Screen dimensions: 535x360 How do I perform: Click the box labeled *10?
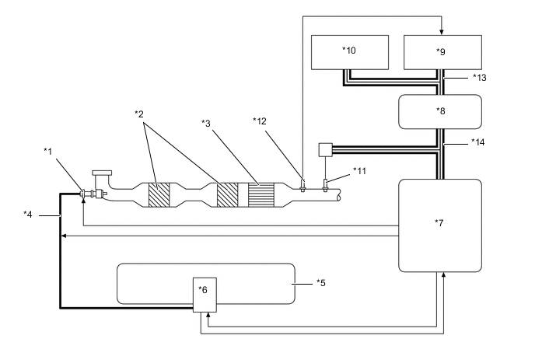click(350, 52)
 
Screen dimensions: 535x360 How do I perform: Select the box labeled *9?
click(442, 52)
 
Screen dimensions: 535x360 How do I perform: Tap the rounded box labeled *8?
click(440, 112)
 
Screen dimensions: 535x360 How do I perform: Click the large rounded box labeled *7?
click(440, 225)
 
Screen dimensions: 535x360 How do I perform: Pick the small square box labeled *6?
click(205, 295)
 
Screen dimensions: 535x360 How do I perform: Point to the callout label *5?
click(321, 283)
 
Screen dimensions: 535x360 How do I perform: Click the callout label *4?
click(28, 215)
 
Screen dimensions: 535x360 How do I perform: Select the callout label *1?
click(47, 151)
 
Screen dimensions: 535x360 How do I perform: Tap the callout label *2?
click(139, 114)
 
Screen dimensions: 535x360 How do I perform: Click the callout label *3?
click(206, 123)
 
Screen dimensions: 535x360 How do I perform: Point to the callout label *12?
click(259, 121)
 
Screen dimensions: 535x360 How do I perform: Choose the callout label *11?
click(359, 170)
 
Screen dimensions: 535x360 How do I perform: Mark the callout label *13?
click(479, 78)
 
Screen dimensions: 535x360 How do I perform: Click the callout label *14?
click(477, 142)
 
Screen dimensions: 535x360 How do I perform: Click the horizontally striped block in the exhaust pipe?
click(261, 194)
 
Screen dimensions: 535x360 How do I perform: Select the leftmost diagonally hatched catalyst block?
click(159, 194)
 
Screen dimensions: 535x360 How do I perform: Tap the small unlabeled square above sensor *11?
click(326, 150)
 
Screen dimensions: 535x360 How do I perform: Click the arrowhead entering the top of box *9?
click(442, 32)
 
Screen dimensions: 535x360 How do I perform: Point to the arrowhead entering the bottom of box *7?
click(443, 274)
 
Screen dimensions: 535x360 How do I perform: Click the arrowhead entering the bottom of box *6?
click(208, 315)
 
